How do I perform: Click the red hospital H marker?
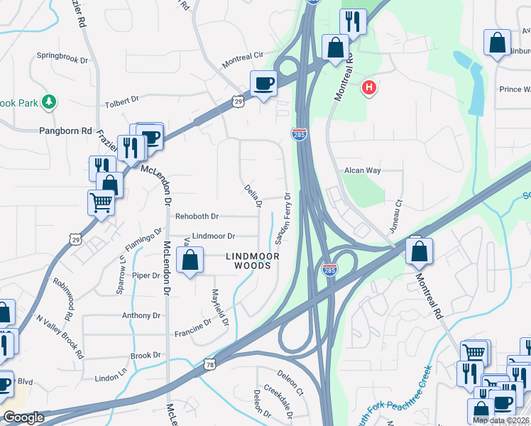pos(368,88)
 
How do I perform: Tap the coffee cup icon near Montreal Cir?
pos(263,84)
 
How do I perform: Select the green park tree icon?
pos(49,102)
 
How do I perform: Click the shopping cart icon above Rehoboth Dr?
pos(102,204)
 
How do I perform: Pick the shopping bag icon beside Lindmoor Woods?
pos(190,261)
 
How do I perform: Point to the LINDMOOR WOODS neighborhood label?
pos(248,261)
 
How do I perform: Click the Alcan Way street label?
pos(363,170)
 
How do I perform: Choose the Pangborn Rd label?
pos(66,131)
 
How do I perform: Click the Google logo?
pos(23,417)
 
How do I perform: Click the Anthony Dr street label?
pos(141,315)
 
